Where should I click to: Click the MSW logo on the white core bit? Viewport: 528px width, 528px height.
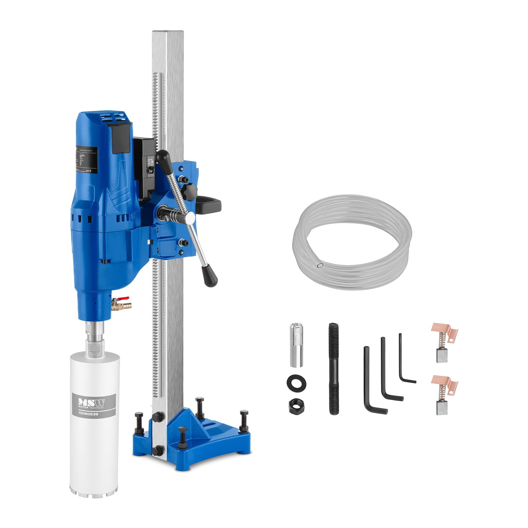(x=91, y=403)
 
